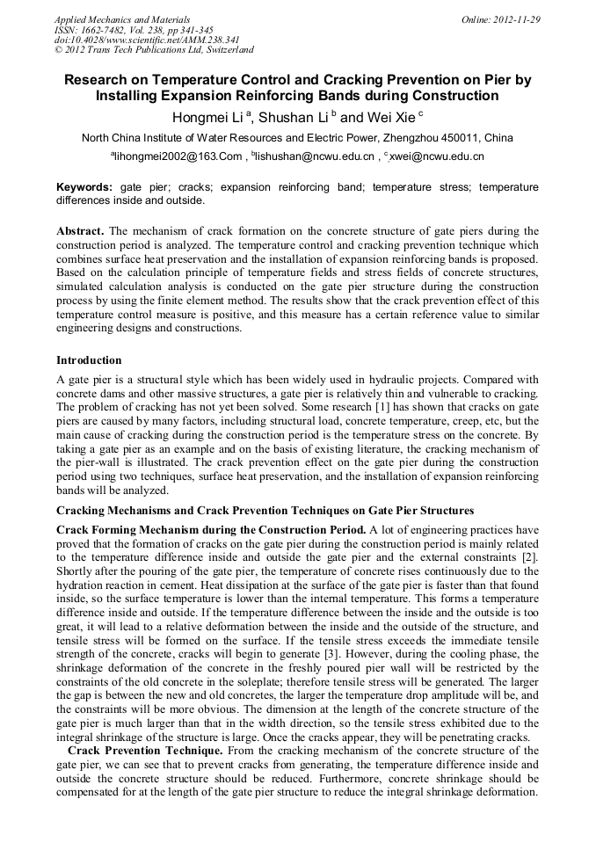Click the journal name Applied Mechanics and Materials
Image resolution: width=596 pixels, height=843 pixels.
(121, 18)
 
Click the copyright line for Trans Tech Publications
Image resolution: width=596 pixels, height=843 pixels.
(154, 50)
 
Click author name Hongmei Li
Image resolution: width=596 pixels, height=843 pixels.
(208, 117)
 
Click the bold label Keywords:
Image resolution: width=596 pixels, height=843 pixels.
(84, 187)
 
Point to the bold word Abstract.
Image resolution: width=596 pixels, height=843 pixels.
(81, 231)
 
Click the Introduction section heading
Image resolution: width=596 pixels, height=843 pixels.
(89, 360)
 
